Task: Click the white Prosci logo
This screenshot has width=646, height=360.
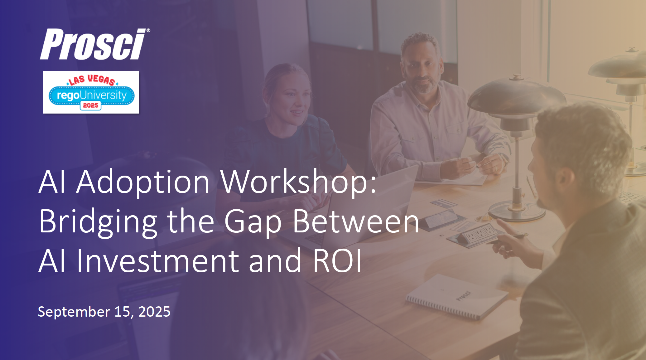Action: click(93, 44)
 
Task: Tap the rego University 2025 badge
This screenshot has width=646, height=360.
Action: click(91, 92)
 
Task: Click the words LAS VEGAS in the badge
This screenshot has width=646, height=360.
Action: click(92, 80)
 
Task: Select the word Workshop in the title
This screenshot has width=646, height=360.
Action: click(298, 182)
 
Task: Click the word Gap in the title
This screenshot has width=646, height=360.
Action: click(253, 221)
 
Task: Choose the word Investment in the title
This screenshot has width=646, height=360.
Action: click(158, 261)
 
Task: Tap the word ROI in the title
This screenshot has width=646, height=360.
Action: click(337, 261)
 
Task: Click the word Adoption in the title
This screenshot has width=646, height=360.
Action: click(143, 182)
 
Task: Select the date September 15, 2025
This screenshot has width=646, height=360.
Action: click(104, 312)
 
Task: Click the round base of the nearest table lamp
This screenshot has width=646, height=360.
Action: click(516, 212)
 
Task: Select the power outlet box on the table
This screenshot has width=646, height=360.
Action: click(477, 234)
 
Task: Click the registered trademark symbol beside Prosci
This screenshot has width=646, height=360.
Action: click(148, 30)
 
